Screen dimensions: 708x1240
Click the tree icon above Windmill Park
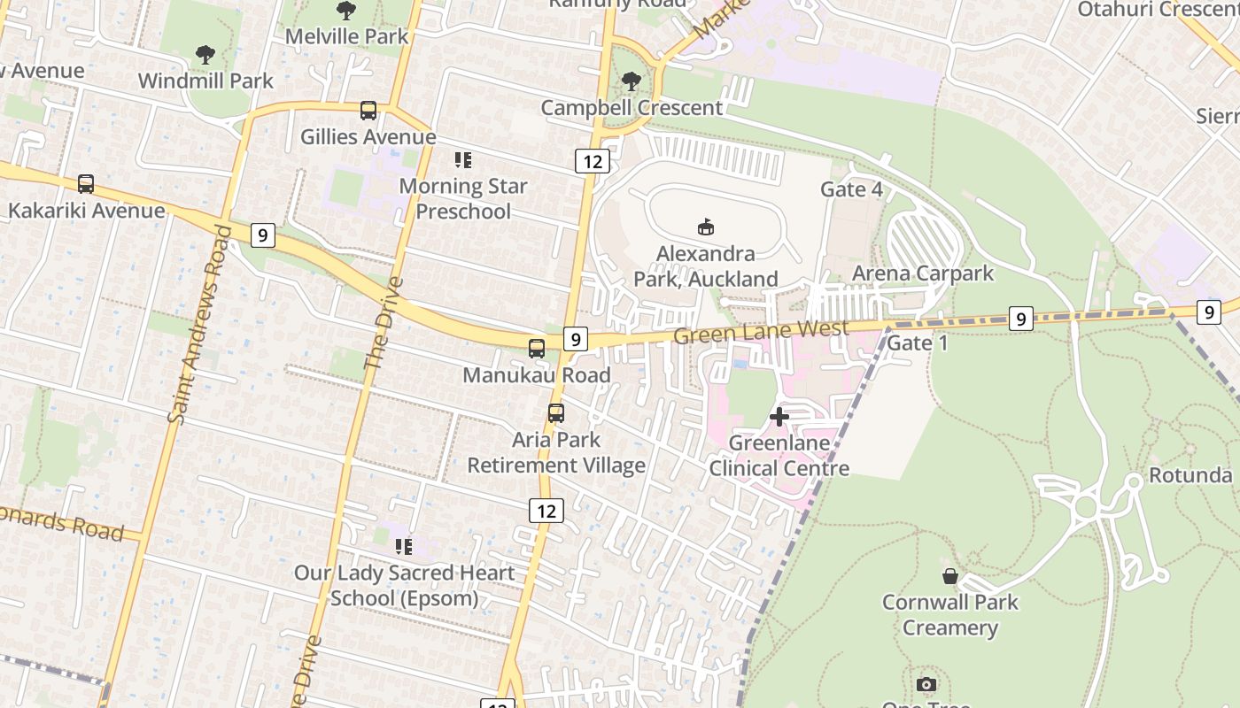tap(205, 55)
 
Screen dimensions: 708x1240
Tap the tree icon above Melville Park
tap(346, 11)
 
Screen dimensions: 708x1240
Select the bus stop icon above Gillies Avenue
tap(368, 111)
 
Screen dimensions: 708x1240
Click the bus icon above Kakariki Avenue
tap(85, 184)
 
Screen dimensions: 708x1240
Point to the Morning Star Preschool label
tap(462, 198)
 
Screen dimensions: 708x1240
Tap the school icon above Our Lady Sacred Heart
tap(404, 547)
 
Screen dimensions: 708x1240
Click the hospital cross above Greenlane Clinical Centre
tap(779, 416)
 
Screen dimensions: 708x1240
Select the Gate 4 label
tap(851, 189)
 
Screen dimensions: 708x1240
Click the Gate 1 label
tap(917, 342)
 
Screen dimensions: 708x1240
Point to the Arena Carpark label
tap(923, 273)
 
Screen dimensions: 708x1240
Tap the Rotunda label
tap(1190, 475)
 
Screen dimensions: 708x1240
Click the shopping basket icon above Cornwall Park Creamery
tap(950, 577)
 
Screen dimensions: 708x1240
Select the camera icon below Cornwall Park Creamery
tap(926, 684)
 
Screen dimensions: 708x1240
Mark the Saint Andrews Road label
tap(202, 326)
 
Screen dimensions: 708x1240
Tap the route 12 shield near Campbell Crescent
tap(593, 161)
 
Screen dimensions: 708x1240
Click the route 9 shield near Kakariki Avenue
tap(262, 235)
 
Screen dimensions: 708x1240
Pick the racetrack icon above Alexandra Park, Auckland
tap(705, 227)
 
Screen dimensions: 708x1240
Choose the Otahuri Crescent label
tap(1157, 9)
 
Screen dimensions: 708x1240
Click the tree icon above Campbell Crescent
tap(632, 81)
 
